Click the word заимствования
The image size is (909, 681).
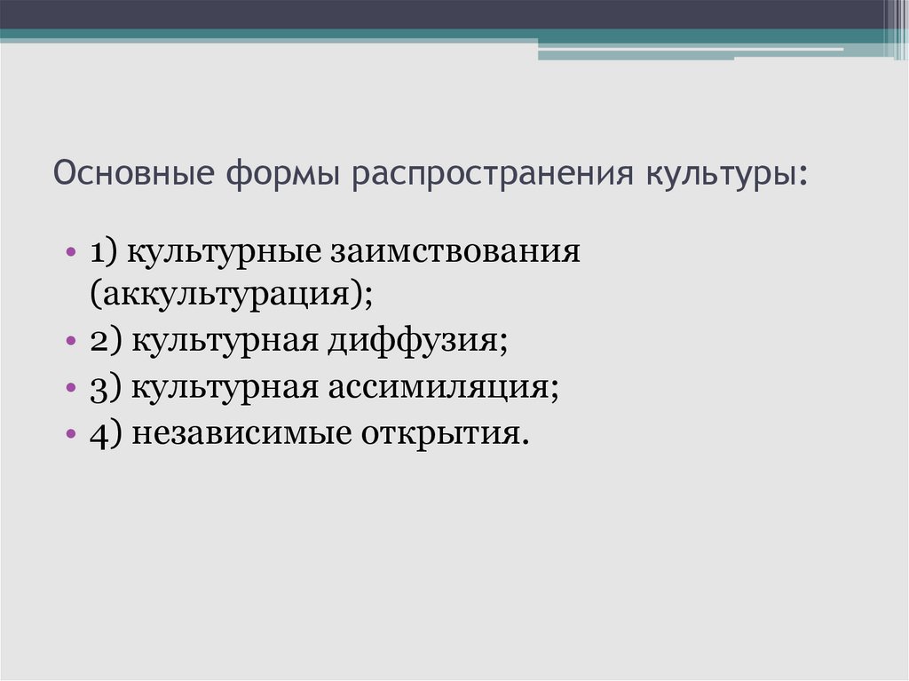[456, 251]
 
